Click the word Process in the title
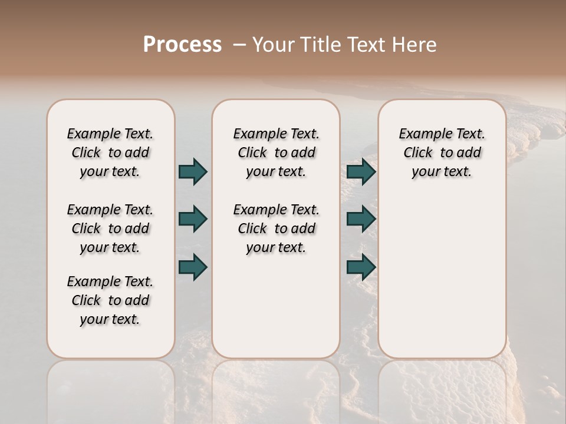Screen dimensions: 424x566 pyautogui.click(x=182, y=45)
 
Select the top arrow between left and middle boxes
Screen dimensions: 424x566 pyautogui.click(x=193, y=171)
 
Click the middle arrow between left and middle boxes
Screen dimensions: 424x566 pyautogui.click(x=193, y=219)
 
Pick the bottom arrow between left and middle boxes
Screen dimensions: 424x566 pyautogui.click(x=193, y=267)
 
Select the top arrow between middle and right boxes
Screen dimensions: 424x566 pyautogui.click(x=361, y=171)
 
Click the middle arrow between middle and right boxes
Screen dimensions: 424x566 pyautogui.click(x=361, y=219)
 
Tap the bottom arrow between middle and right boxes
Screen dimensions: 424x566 pyautogui.click(x=361, y=267)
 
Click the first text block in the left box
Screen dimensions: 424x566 pyautogui.click(x=110, y=153)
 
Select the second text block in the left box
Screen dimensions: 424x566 pyautogui.click(x=110, y=228)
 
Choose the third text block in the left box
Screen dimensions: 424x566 pyautogui.click(x=110, y=300)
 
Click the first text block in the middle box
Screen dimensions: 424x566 pyautogui.click(x=276, y=153)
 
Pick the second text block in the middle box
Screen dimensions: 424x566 pyautogui.click(x=276, y=228)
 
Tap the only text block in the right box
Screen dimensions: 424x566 pyautogui.click(x=442, y=153)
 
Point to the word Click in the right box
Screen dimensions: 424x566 pyautogui.click(x=418, y=153)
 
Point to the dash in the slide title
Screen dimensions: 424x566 pyautogui.click(x=239, y=45)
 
